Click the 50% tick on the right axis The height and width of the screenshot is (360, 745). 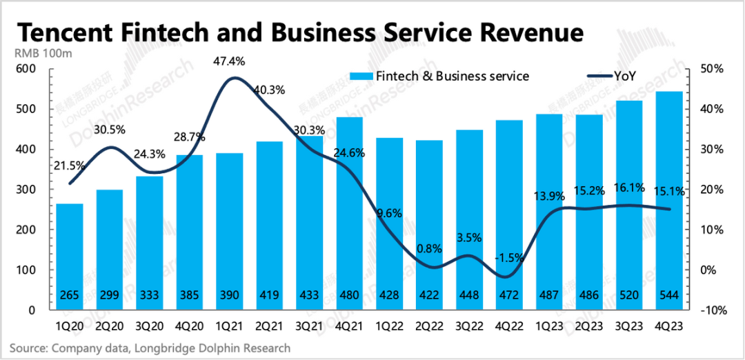coord(712,69)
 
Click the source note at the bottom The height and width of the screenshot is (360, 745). coord(150,348)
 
